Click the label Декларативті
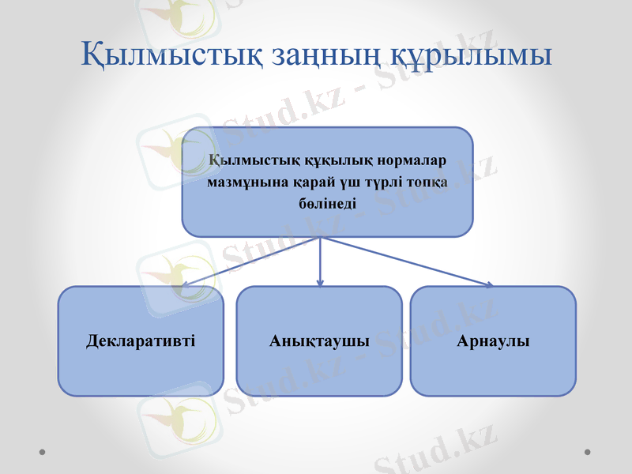(141, 341)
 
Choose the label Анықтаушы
(319, 341)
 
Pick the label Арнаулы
(493, 341)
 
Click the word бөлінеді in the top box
(327, 203)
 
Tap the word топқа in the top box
(428, 182)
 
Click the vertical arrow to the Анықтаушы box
(320, 262)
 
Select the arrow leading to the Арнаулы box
(411, 262)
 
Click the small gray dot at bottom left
(43, 452)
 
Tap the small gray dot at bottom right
(587, 452)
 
